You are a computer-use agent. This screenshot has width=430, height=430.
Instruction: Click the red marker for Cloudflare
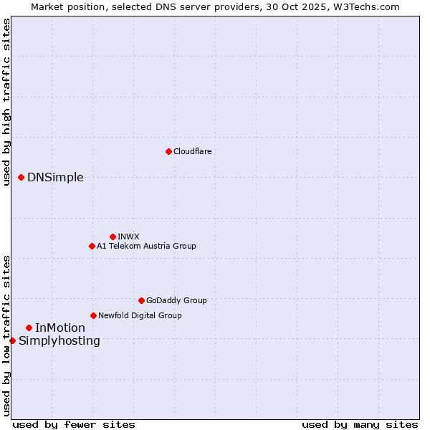(x=168, y=151)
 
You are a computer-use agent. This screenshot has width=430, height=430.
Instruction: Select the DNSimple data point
(x=21, y=177)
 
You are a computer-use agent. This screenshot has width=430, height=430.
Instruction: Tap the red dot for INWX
(x=113, y=236)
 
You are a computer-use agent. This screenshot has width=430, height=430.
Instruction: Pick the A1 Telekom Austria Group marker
(x=92, y=246)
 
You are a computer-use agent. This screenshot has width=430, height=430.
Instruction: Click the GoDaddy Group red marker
(x=141, y=300)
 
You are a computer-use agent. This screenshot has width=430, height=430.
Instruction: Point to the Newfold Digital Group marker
(x=93, y=315)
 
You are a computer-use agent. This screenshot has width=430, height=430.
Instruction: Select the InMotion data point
(x=29, y=328)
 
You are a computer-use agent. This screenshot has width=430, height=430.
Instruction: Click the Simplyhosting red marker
(x=12, y=340)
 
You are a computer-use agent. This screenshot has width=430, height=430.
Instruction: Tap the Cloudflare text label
(x=192, y=151)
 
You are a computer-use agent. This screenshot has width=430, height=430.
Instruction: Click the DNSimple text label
(x=55, y=178)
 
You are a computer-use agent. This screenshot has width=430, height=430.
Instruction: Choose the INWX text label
(x=128, y=236)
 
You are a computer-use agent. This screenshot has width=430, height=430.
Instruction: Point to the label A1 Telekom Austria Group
(x=146, y=246)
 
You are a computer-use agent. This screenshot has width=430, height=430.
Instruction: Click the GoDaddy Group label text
(x=176, y=300)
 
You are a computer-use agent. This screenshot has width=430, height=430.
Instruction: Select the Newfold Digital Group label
(x=140, y=315)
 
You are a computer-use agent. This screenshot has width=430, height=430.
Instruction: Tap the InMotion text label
(x=60, y=328)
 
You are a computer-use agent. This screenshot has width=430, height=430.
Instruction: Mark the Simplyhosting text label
(x=59, y=341)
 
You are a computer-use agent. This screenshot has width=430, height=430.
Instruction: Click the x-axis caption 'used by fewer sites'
(x=74, y=424)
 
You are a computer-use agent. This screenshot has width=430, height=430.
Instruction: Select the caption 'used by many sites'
(x=360, y=424)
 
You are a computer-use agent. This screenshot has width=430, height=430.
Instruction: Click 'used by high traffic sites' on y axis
(x=6, y=102)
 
